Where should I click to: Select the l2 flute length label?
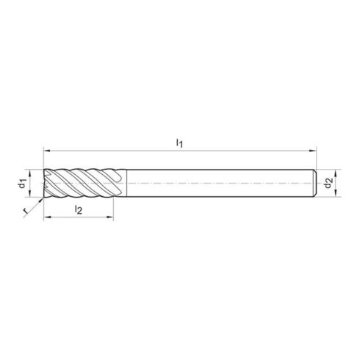point(79,210)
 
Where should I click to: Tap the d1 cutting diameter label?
point(24,181)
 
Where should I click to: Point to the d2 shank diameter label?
point(329,181)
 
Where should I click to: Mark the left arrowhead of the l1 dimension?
point(46,147)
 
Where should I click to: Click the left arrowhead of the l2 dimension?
point(46,218)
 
